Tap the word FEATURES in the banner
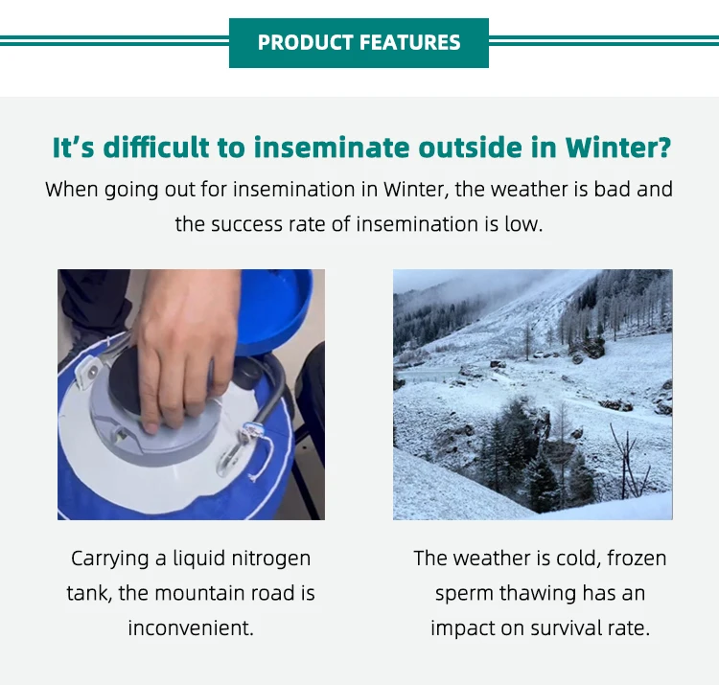pyautogui.click(x=409, y=43)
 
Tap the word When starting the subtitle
pyautogui.click(x=72, y=189)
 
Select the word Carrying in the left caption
pyautogui.click(x=110, y=558)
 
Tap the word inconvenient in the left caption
pyautogui.click(x=190, y=628)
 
